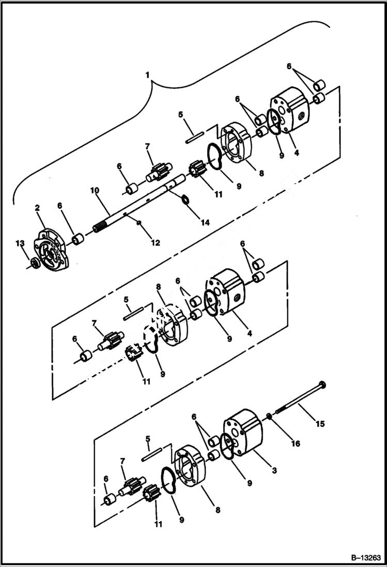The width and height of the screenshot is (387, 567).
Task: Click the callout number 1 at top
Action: (147, 75)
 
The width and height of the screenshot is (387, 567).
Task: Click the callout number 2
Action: (37, 208)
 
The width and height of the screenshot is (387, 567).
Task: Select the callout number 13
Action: (20, 243)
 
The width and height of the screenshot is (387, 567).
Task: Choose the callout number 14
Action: (206, 223)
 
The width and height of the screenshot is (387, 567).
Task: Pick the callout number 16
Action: (295, 443)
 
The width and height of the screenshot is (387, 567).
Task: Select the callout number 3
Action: (274, 470)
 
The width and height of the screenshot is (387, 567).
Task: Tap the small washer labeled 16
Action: (270, 417)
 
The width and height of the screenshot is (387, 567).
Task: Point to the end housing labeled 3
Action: (243, 432)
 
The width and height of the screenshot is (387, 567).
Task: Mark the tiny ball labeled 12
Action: (138, 222)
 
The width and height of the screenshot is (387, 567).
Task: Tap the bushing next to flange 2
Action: (78, 239)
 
